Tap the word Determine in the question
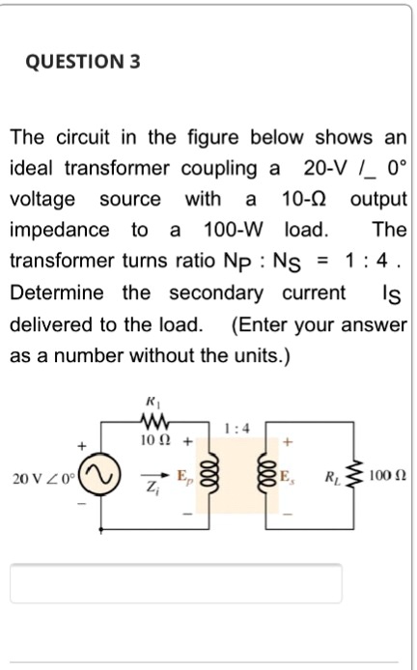tap(59, 293)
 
